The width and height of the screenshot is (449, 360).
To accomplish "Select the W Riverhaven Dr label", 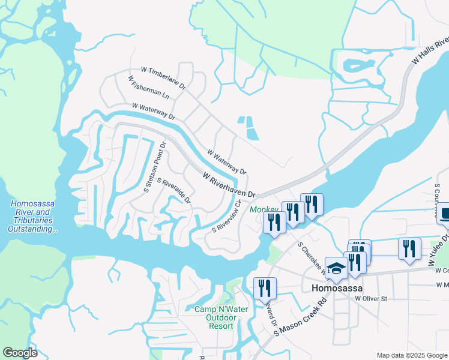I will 229,185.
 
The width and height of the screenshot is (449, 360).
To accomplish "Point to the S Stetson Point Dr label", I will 154,167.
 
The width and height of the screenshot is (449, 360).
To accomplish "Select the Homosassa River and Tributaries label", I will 33,216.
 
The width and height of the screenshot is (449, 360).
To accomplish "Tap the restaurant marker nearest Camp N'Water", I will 264,289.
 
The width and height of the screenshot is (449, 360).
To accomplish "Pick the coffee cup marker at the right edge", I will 444,215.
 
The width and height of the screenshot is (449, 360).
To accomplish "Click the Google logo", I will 20,353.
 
